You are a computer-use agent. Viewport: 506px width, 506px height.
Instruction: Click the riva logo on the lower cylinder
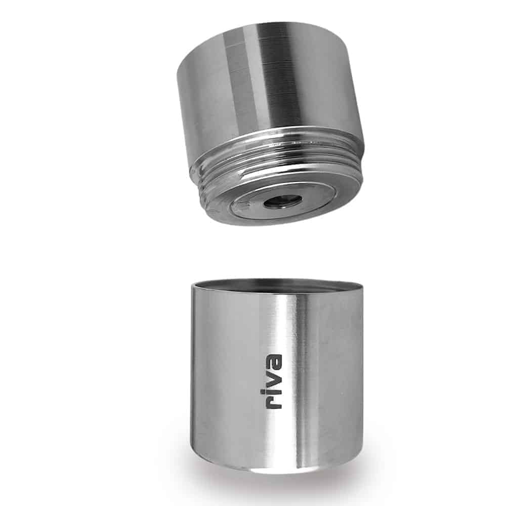point(273,382)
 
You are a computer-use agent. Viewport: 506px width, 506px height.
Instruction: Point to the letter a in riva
point(273,362)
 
